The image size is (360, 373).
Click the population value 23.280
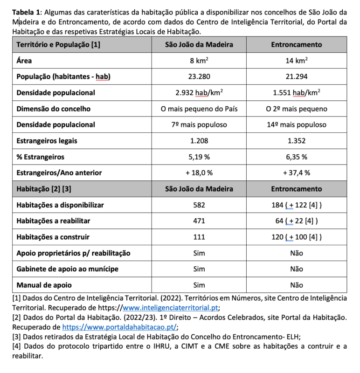click(x=199, y=76)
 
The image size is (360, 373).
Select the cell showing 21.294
click(x=296, y=76)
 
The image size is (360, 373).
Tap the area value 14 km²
click(x=296, y=60)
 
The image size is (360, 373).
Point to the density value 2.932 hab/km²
click(x=199, y=92)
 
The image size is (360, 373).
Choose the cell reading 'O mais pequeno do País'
click(x=199, y=109)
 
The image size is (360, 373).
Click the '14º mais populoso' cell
click(x=296, y=124)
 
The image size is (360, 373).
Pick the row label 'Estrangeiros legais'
click(x=47, y=140)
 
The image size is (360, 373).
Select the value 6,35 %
click(x=296, y=157)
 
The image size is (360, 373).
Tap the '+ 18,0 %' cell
click(x=199, y=173)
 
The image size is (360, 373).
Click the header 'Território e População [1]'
click(x=58, y=45)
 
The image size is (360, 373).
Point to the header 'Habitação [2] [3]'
click(x=44, y=189)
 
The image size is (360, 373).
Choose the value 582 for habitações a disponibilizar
click(x=199, y=205)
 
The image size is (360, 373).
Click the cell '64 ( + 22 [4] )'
click(x=296, y=221)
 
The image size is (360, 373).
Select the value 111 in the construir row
click(x=199, y=237)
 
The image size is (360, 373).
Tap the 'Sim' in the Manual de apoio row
click(x=199, y=285)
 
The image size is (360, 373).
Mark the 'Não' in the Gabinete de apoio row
click(x=296, y=269)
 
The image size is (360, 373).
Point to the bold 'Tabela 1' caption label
click(x=27, y=12)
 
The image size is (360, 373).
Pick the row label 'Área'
click(x=24, y=60)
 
